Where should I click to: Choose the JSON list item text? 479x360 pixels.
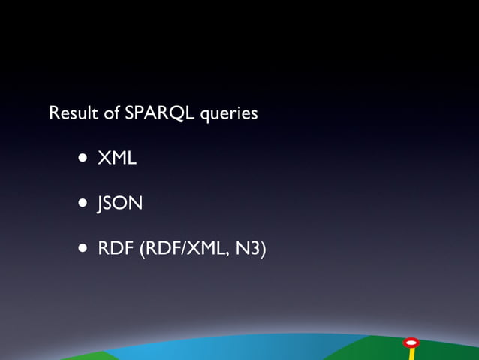[120, 203]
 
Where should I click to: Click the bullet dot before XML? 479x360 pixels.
[81, 159]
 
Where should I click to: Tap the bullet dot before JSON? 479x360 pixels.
[81, 203]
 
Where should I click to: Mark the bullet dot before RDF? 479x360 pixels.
[81, 247]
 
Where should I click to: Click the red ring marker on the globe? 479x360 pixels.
[411, 343]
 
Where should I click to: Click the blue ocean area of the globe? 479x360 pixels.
[225, 350]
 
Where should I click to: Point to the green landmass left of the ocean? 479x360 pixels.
[86, 355]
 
